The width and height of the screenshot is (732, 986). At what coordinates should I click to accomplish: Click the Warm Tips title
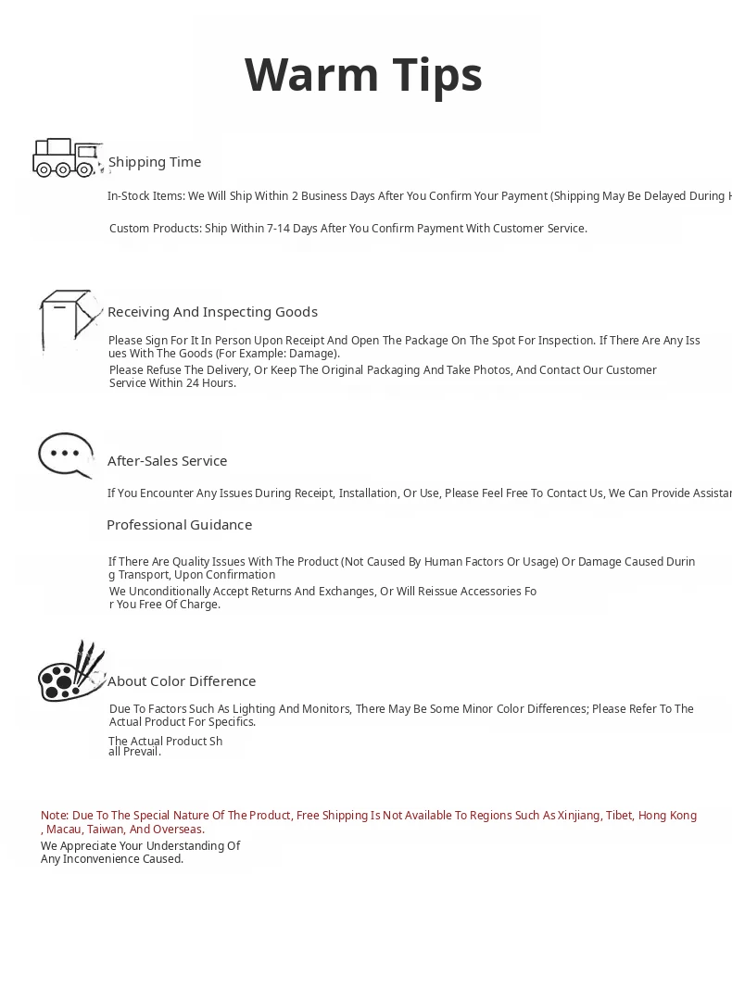pyautogui.click(x=363, y=75)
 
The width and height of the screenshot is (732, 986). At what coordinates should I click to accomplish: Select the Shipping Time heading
pyautogui.click(x=155, y=162)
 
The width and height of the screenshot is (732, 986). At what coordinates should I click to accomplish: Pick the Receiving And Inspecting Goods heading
pyautogui.click(x=212, y=312)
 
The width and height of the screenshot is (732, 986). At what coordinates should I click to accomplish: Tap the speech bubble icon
pyautogui.click(x=66, y=455)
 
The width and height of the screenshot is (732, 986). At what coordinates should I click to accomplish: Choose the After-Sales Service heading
pyautogui.click(x=167, y=461)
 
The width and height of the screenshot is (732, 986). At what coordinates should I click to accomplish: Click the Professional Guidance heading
pyautogui.click(x=179, y=525)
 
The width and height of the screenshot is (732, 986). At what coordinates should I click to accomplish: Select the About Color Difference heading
pyautogui.click(x=182, y=681)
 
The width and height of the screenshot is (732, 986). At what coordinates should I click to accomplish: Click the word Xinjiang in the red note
pyautogui.click(x=578, y=816)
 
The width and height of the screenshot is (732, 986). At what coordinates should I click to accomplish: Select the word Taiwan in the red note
pyautogui.click(x=106, y=830)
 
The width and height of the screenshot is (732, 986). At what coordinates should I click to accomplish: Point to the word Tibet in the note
pyautogui.click(x=619, y=816)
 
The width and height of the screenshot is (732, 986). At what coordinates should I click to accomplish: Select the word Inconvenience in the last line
pyautogui.click(x=100, y=859)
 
